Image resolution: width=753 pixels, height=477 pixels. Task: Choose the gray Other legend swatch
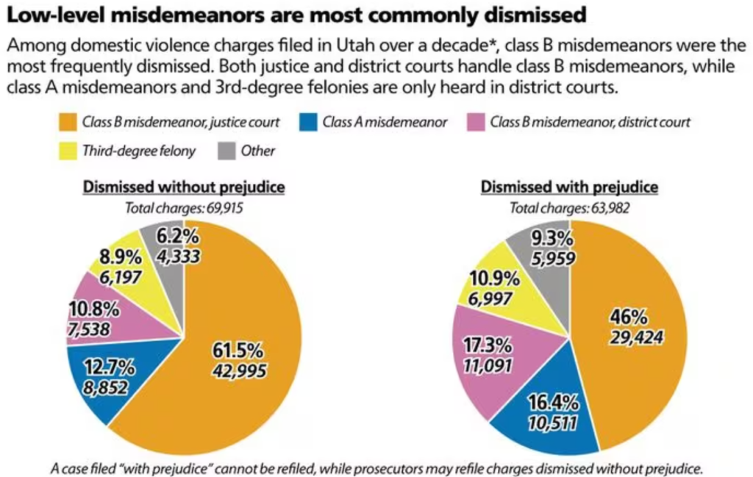tap(227, 151)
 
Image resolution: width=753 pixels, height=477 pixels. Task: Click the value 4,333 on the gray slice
tap(176, 258)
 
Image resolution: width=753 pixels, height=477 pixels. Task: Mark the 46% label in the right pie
tap(628, 318)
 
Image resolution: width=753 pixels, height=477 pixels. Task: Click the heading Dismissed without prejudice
tap(183, 187)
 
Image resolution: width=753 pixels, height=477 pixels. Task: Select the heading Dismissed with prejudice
tap(569, 187)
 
